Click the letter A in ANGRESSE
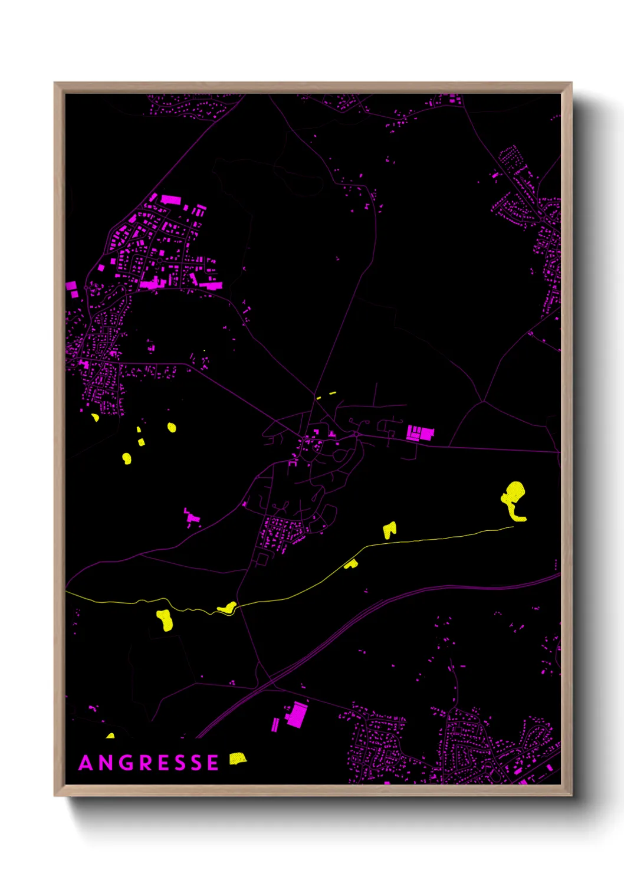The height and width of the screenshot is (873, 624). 86,763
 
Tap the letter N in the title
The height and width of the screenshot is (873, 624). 106,763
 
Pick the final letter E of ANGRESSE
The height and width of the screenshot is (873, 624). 212,763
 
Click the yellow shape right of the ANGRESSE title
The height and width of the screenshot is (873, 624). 237,759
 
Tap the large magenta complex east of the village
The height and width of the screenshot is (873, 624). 421,434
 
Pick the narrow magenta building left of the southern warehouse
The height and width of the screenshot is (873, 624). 275,724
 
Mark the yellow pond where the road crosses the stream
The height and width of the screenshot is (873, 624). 227,608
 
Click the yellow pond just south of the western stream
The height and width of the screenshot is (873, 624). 165,620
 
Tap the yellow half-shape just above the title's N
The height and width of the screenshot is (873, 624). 110,736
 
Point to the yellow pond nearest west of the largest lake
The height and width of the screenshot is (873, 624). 389,530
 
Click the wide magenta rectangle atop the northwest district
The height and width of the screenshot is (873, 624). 170,199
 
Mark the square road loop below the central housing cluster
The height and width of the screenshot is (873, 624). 262,559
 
